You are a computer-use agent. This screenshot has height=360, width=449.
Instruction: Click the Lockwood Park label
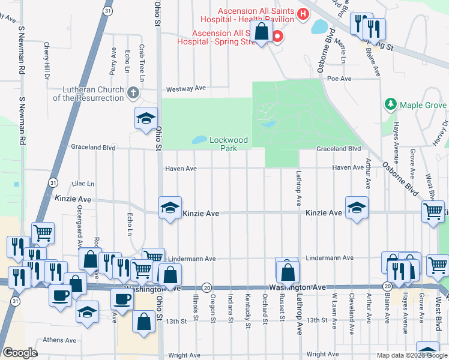tap(229, 144)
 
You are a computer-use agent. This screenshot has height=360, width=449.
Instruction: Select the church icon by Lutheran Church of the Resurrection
tap(133, 93)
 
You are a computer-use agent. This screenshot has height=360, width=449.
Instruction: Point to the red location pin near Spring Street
tap(277, 37)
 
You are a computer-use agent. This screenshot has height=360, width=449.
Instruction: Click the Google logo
tap(20, 353)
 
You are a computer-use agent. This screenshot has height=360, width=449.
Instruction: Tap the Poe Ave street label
tap(339, 78)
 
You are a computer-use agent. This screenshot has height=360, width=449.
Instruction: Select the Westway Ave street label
tap(186, 88)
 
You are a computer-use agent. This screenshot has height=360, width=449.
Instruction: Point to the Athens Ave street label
tap(59, 340)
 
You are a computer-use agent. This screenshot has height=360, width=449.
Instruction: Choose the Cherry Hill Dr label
tap(46, 60)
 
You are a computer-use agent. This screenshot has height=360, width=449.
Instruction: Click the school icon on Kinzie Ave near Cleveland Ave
tap(357, 208)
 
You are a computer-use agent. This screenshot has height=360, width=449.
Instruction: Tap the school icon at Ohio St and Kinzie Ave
tap(170, 208)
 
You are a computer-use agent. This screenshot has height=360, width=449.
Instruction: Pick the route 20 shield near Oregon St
tap(206, 287)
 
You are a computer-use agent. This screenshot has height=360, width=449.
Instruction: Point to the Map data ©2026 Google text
tap(411, 355)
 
